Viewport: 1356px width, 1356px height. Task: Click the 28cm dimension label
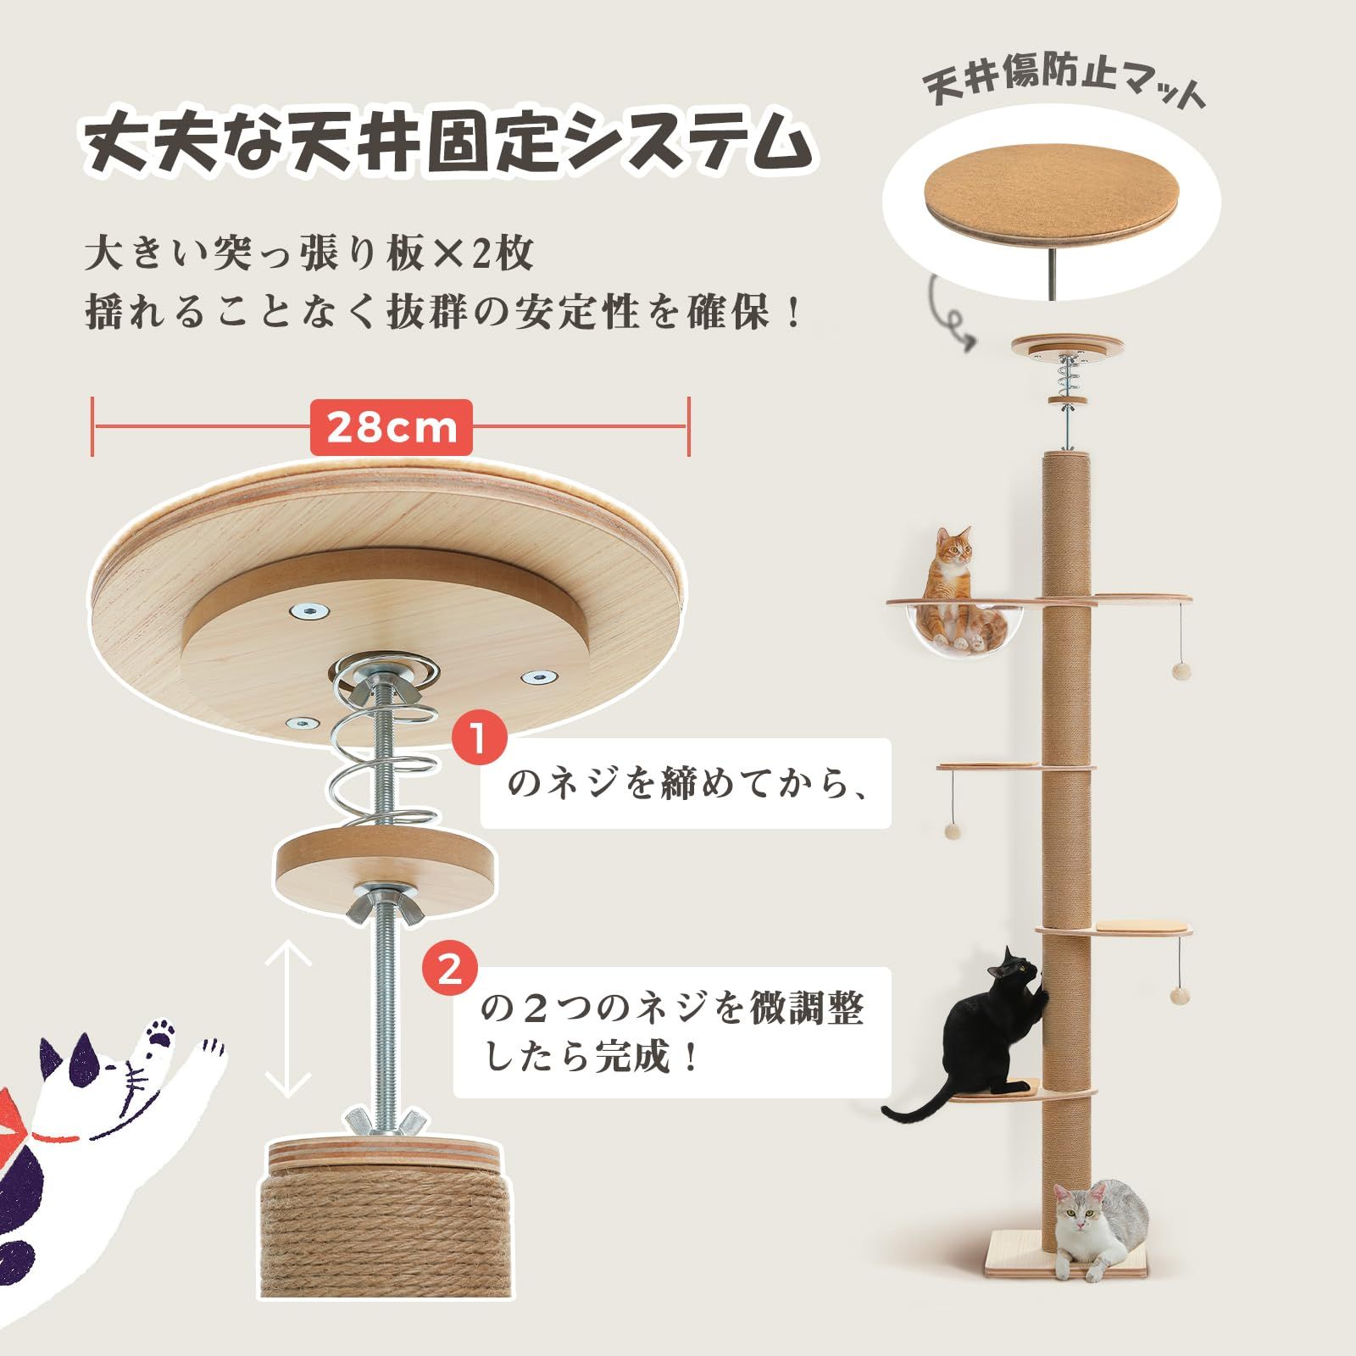pyautogui.click(x=391, y=428)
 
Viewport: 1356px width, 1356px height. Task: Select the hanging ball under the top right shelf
pyautogui.click(x=1179, y=671)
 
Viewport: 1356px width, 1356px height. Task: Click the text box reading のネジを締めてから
pyautogui.click(x=686, y=784)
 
